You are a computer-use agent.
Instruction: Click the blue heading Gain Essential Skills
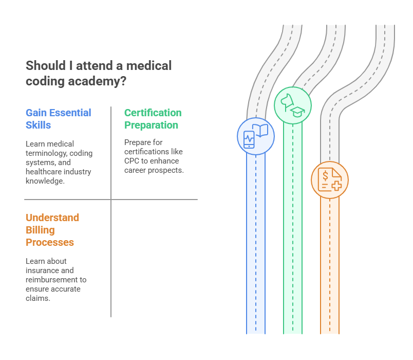58,119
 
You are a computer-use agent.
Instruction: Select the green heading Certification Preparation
153,119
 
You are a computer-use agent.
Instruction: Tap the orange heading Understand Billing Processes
52,230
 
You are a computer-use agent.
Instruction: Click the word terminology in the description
47,153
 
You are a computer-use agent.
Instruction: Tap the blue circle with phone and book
255,135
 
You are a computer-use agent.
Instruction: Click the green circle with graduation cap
292,105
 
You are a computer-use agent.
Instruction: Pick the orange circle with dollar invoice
329,179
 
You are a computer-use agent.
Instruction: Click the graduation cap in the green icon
297,112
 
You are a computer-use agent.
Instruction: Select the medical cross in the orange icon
336,186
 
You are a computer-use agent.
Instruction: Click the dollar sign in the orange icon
325,174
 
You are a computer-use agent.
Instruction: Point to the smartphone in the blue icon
249,139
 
